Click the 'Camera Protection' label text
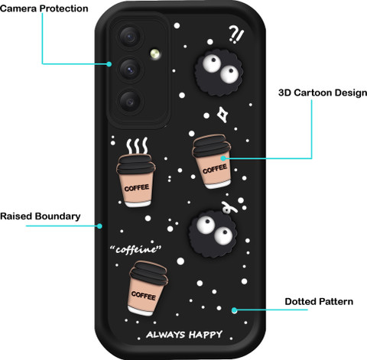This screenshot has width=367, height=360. [x=44, y=8]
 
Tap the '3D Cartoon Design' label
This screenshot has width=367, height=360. [x=323, y=92]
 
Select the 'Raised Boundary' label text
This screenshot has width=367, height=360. [x=41, y=216]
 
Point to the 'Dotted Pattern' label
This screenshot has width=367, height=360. [x=319, y=302]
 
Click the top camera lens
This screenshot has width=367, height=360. [x=130, y=37]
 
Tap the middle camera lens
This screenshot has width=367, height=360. [x=130, y=70]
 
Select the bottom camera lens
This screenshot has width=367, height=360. [x=130, y=102]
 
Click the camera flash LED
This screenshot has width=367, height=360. [x=155, y=54]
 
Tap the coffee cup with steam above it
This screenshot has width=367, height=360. [x=136, y=180]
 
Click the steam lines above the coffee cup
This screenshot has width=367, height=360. [x=138, y=145]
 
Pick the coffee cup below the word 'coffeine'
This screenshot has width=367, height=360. [x=148, y=288]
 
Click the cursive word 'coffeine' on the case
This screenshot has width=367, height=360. [x=135, y=249]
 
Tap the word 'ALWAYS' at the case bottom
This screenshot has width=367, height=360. [x=166, y=335]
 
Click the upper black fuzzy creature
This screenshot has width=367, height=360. [x=219, y=73]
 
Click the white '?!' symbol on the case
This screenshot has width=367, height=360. [x=236, y=34]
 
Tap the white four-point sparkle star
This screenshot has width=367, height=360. [x=222, y=115]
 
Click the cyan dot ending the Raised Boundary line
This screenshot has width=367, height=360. [x=99, y=226]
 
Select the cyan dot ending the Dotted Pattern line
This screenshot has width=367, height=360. [x=235, y=310]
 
